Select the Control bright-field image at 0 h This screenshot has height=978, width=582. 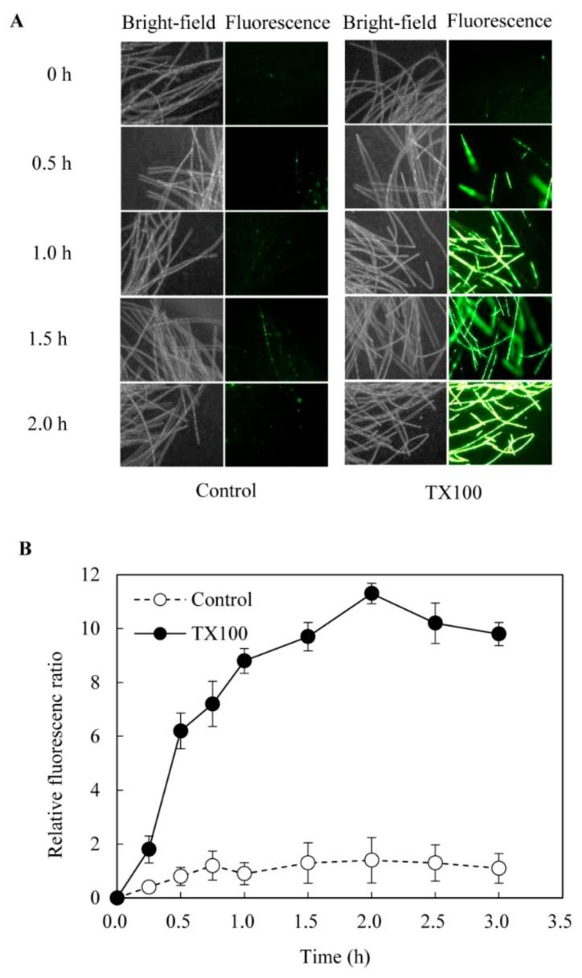pos(172,83)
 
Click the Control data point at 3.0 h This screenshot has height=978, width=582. pos(498,868)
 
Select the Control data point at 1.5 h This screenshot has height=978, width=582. pos(308,862)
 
